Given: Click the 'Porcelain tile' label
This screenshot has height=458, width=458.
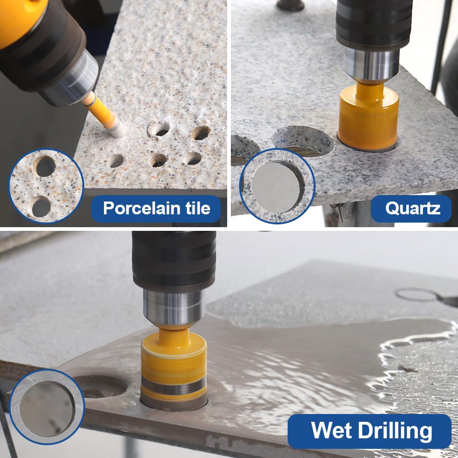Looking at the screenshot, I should click(156, 208).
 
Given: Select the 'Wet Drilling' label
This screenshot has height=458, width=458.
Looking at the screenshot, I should click(371, 431).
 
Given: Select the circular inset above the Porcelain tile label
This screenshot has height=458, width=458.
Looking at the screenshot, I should click(46, 186).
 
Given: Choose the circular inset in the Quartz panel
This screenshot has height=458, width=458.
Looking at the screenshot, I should click(277, 186).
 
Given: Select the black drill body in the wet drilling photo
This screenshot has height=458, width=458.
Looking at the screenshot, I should click(174, 259).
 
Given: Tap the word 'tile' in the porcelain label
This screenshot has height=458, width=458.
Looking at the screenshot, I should click(196, 208).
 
